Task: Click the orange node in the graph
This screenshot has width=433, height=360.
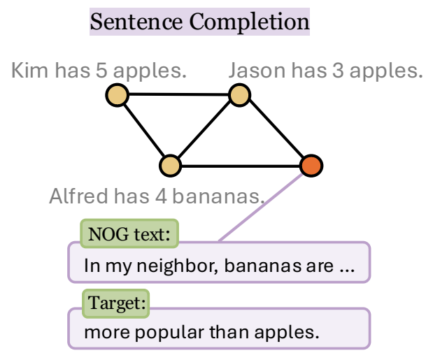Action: click(311, 166)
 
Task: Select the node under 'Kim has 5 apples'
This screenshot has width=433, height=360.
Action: click(117, 95)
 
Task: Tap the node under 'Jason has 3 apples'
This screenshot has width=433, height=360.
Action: click(239, 95)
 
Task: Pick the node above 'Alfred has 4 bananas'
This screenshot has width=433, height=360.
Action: click(171, 166)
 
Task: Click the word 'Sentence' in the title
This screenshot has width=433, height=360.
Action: click(136, 22)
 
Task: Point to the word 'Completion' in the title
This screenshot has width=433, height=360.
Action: click(249, 22)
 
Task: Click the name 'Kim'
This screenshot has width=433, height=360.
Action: click(29, 70)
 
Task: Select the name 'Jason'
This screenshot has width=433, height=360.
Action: click(257, 71)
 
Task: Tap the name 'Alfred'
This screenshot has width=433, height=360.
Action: click(78, 196)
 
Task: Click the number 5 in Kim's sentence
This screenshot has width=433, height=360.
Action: click(101, 71)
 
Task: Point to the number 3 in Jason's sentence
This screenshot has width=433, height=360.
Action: click(338, 71)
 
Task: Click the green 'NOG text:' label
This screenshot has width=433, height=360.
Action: click(129, 233)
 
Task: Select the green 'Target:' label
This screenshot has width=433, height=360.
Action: click(116, 303)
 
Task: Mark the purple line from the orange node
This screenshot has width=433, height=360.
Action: click(261, 208)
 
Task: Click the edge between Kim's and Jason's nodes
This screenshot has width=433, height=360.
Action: click(178, 94)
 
